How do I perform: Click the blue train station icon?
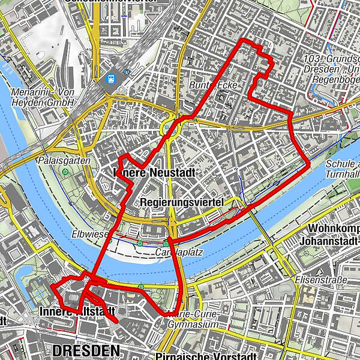(111, 79)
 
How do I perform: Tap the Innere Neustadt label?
(146, 173)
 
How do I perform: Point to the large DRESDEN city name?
(86, 349)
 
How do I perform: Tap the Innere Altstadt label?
(77, 311)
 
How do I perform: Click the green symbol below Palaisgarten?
(65, 173)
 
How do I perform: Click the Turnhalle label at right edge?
(343, 173)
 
